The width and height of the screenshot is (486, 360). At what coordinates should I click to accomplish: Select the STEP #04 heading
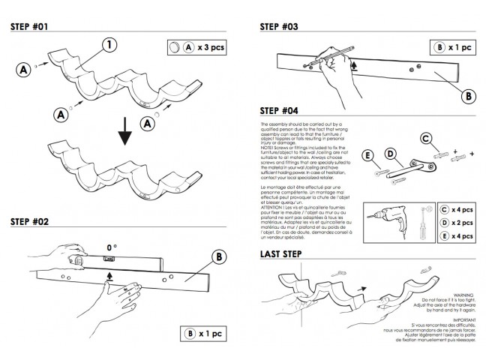280,109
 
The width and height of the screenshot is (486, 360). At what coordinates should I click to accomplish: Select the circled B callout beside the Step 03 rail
467,96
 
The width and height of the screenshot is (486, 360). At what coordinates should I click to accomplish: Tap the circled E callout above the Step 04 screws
368,156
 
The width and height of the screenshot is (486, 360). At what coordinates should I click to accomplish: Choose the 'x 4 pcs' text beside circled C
463,210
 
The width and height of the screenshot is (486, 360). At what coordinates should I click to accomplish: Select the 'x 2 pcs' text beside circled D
463,223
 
